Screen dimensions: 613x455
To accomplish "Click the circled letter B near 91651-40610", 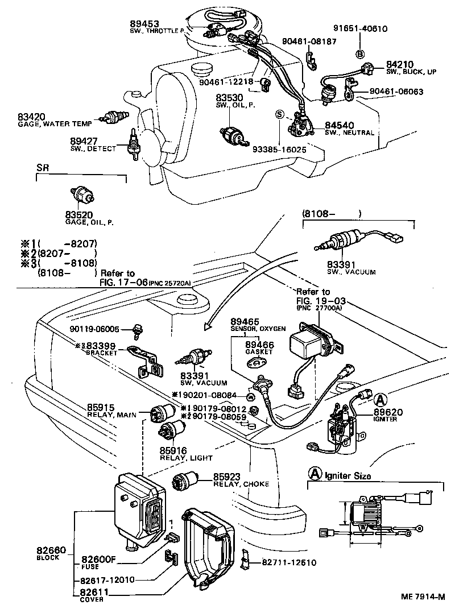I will tap(359, 54).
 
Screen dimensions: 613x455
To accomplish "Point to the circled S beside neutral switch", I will tap(279, 114).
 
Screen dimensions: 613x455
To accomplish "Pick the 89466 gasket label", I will tap(259, 345).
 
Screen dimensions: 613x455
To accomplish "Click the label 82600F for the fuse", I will tap(98, 560).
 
